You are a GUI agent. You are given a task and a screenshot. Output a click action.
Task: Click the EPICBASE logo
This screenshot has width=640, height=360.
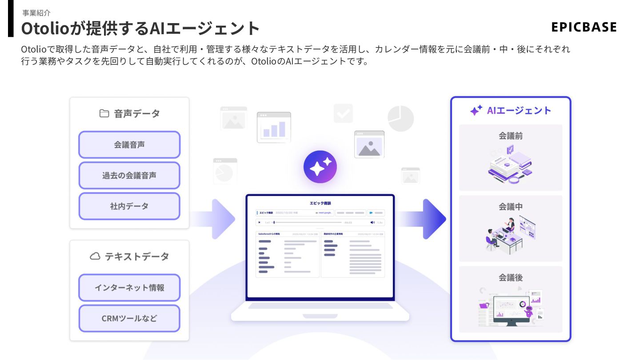point(584,27)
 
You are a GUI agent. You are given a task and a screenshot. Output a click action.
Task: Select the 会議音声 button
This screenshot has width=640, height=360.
point(129,145)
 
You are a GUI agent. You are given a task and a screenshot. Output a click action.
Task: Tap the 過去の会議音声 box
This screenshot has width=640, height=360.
point(129,176)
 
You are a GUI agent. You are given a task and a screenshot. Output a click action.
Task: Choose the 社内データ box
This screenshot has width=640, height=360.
point(129,206)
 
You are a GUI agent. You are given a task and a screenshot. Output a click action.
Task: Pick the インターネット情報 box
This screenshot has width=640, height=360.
point(129,288)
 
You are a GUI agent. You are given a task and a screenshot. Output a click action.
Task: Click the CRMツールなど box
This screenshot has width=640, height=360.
point(129,318)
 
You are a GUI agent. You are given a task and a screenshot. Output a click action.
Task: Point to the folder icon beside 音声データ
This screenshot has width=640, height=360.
point(104,113)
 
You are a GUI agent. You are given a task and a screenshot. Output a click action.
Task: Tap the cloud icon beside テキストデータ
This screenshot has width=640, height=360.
point(95,256)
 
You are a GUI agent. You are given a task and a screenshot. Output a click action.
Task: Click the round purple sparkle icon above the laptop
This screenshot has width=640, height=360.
point(320,167)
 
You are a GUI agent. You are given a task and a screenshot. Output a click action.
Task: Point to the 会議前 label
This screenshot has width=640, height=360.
point(510,136)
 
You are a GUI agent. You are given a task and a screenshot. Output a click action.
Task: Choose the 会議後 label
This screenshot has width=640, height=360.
point(510,278)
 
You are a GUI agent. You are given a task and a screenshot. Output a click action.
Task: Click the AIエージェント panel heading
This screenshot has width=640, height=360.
point(511,111)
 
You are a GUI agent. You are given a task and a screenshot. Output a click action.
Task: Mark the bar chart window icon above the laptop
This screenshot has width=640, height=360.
point(274,128)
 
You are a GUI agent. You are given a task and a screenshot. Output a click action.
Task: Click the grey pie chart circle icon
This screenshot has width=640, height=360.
point(400,119)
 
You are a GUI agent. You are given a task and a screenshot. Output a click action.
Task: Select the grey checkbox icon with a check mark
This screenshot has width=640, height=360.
point(343,113)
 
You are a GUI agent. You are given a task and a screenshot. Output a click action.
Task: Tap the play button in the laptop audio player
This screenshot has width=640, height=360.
point(260,222)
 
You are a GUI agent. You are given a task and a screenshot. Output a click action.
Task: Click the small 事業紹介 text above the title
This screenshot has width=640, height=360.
point(36,13)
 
